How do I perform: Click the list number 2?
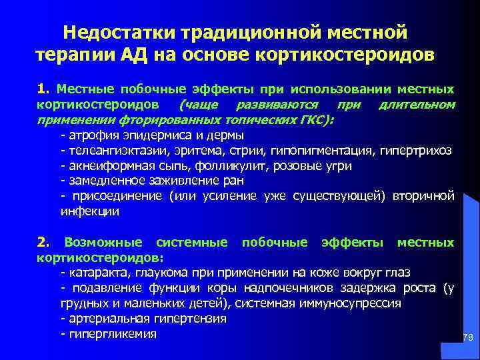tap(42, 242)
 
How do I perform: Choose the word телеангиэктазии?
tap(113, 150)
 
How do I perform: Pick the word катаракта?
tap(95, 272)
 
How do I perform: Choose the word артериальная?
tap(104, 318)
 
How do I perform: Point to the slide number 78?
tap(468, 339)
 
